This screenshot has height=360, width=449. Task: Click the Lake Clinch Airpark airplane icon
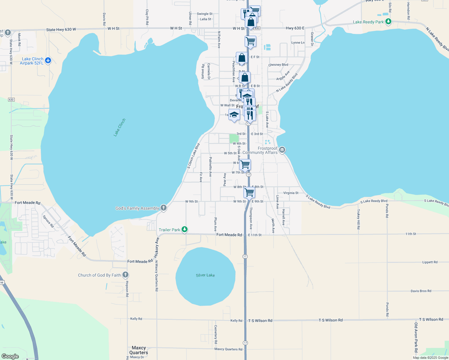(48, 61)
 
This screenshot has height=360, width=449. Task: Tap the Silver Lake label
(205, 275)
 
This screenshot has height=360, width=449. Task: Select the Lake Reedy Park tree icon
(388, 22)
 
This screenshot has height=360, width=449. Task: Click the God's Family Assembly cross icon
(164, 208)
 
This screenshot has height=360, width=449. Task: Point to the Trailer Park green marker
(185, 230)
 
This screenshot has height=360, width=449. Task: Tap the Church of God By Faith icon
(125, 275)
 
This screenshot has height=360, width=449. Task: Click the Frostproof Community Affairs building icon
(282, 150)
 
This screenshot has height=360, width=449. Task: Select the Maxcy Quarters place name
(139, 350)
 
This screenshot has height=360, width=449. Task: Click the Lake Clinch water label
(119, 127)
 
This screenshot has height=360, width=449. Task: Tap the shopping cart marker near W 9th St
(249, 192)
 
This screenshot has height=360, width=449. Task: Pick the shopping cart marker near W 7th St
(245, 164)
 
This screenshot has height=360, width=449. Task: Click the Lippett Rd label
(430, 262)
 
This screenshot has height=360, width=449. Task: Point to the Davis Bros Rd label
(421, 291)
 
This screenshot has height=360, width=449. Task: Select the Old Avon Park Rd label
(416, 337)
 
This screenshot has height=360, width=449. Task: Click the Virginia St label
(291, 193)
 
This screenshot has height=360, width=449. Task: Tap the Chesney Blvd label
(278, 65)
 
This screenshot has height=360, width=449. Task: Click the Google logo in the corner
(10, 356)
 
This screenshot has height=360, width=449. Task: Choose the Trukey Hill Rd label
(358, 219)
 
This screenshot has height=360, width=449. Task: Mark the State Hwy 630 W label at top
(61, 29)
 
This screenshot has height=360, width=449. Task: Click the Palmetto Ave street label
(210, 167)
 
